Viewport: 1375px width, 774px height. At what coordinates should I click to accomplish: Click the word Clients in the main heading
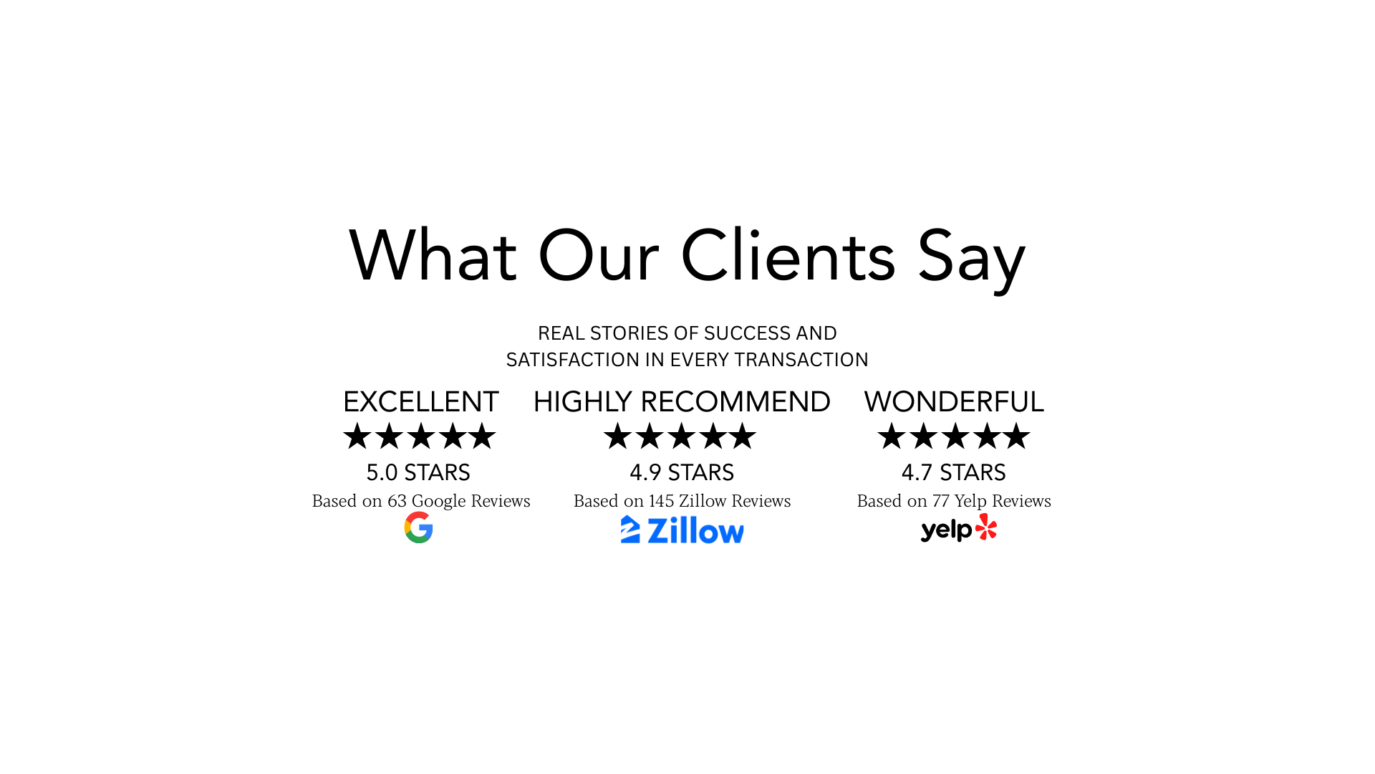pyautogui.click(x=788, y=255)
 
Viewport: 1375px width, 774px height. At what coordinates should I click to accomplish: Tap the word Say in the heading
pyautogui.click(x=972, y=259)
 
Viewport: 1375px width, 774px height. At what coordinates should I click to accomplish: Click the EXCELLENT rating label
pyautogui.click(x=421, y=401)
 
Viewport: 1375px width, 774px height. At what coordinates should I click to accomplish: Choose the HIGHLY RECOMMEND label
pyautogui.click(x=682, y=401)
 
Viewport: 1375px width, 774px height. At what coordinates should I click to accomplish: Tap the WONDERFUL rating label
pyautogui.click(x=954, y=401)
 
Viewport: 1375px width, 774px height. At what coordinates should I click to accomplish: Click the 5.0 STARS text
pyautogui.click(x=418, y=472)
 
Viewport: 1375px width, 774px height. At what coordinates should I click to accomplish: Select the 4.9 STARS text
pyautogui.click(x=682, y=472)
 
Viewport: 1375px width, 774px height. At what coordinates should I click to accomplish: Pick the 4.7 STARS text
pyautogui.click(x=954, y=472)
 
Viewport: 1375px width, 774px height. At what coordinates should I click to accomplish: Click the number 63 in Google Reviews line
pyautogui.click(x=397, y=501)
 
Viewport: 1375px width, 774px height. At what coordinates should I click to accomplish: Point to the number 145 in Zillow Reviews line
pyautogui.click(x=662, y=501)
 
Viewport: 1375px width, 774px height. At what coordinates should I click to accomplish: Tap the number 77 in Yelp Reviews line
pyautogui.click(x=941, y=501)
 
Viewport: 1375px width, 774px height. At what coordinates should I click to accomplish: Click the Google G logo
pyautogui.click(x=419, y=527)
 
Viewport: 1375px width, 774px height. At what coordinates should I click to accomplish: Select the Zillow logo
pyautogui.click(x=682, y=530)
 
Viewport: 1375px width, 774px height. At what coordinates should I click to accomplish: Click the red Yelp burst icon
pyautogui.click(x=986, y=527)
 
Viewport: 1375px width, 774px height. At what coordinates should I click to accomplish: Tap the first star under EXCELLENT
pyautogui.click(x=357, y=436)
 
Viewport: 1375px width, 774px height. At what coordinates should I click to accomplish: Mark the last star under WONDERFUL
pyautogui.click(x=1016, y=436)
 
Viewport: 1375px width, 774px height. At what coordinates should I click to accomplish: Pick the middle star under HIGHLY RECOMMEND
pyautogui.click(x=681, y=436)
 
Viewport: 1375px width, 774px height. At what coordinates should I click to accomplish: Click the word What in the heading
pyautogui.click(x=433, y=255)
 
